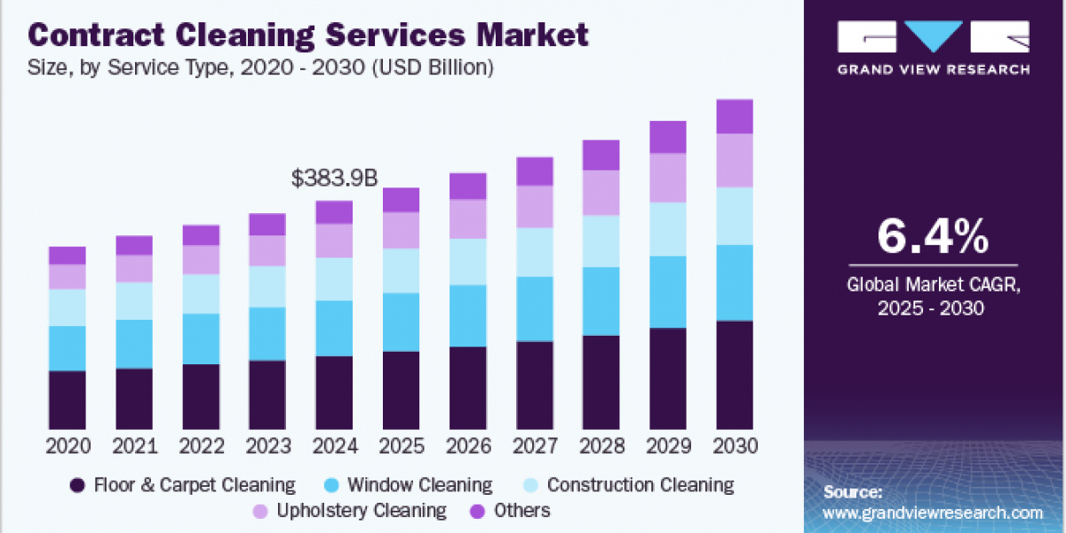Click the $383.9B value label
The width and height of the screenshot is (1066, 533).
334,179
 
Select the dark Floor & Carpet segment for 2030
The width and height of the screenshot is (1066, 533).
735,375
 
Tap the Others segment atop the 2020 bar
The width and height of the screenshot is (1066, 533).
68,255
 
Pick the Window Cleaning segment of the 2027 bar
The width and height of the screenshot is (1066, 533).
535,308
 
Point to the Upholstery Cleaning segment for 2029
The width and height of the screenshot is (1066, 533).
668,178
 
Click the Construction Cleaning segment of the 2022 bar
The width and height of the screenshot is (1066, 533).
201,293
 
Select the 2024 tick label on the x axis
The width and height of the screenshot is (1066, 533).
334,446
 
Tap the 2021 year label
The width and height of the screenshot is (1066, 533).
134,446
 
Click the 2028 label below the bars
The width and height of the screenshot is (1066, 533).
601,446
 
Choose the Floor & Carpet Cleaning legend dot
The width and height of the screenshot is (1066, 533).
77,485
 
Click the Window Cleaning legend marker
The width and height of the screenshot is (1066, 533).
330,485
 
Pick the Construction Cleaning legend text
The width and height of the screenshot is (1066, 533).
640,485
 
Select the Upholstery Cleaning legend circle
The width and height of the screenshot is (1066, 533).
260,511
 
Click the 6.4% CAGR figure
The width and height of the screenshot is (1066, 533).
932,237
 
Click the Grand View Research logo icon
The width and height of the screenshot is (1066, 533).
933,36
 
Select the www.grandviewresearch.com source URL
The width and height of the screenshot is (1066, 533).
933,513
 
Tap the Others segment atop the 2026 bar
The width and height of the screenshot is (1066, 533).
468,186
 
